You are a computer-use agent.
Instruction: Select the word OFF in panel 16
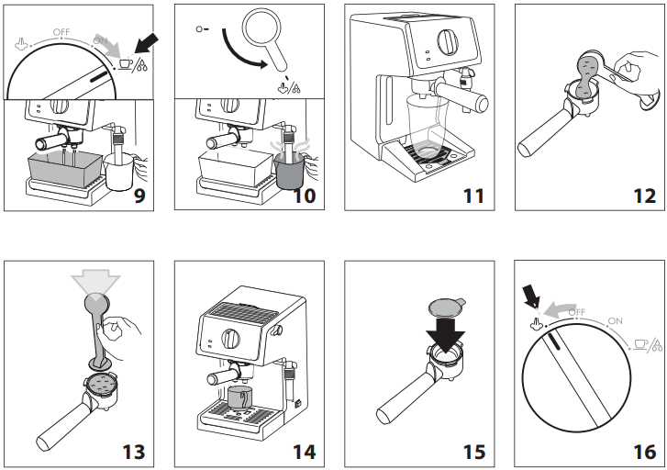576,314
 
